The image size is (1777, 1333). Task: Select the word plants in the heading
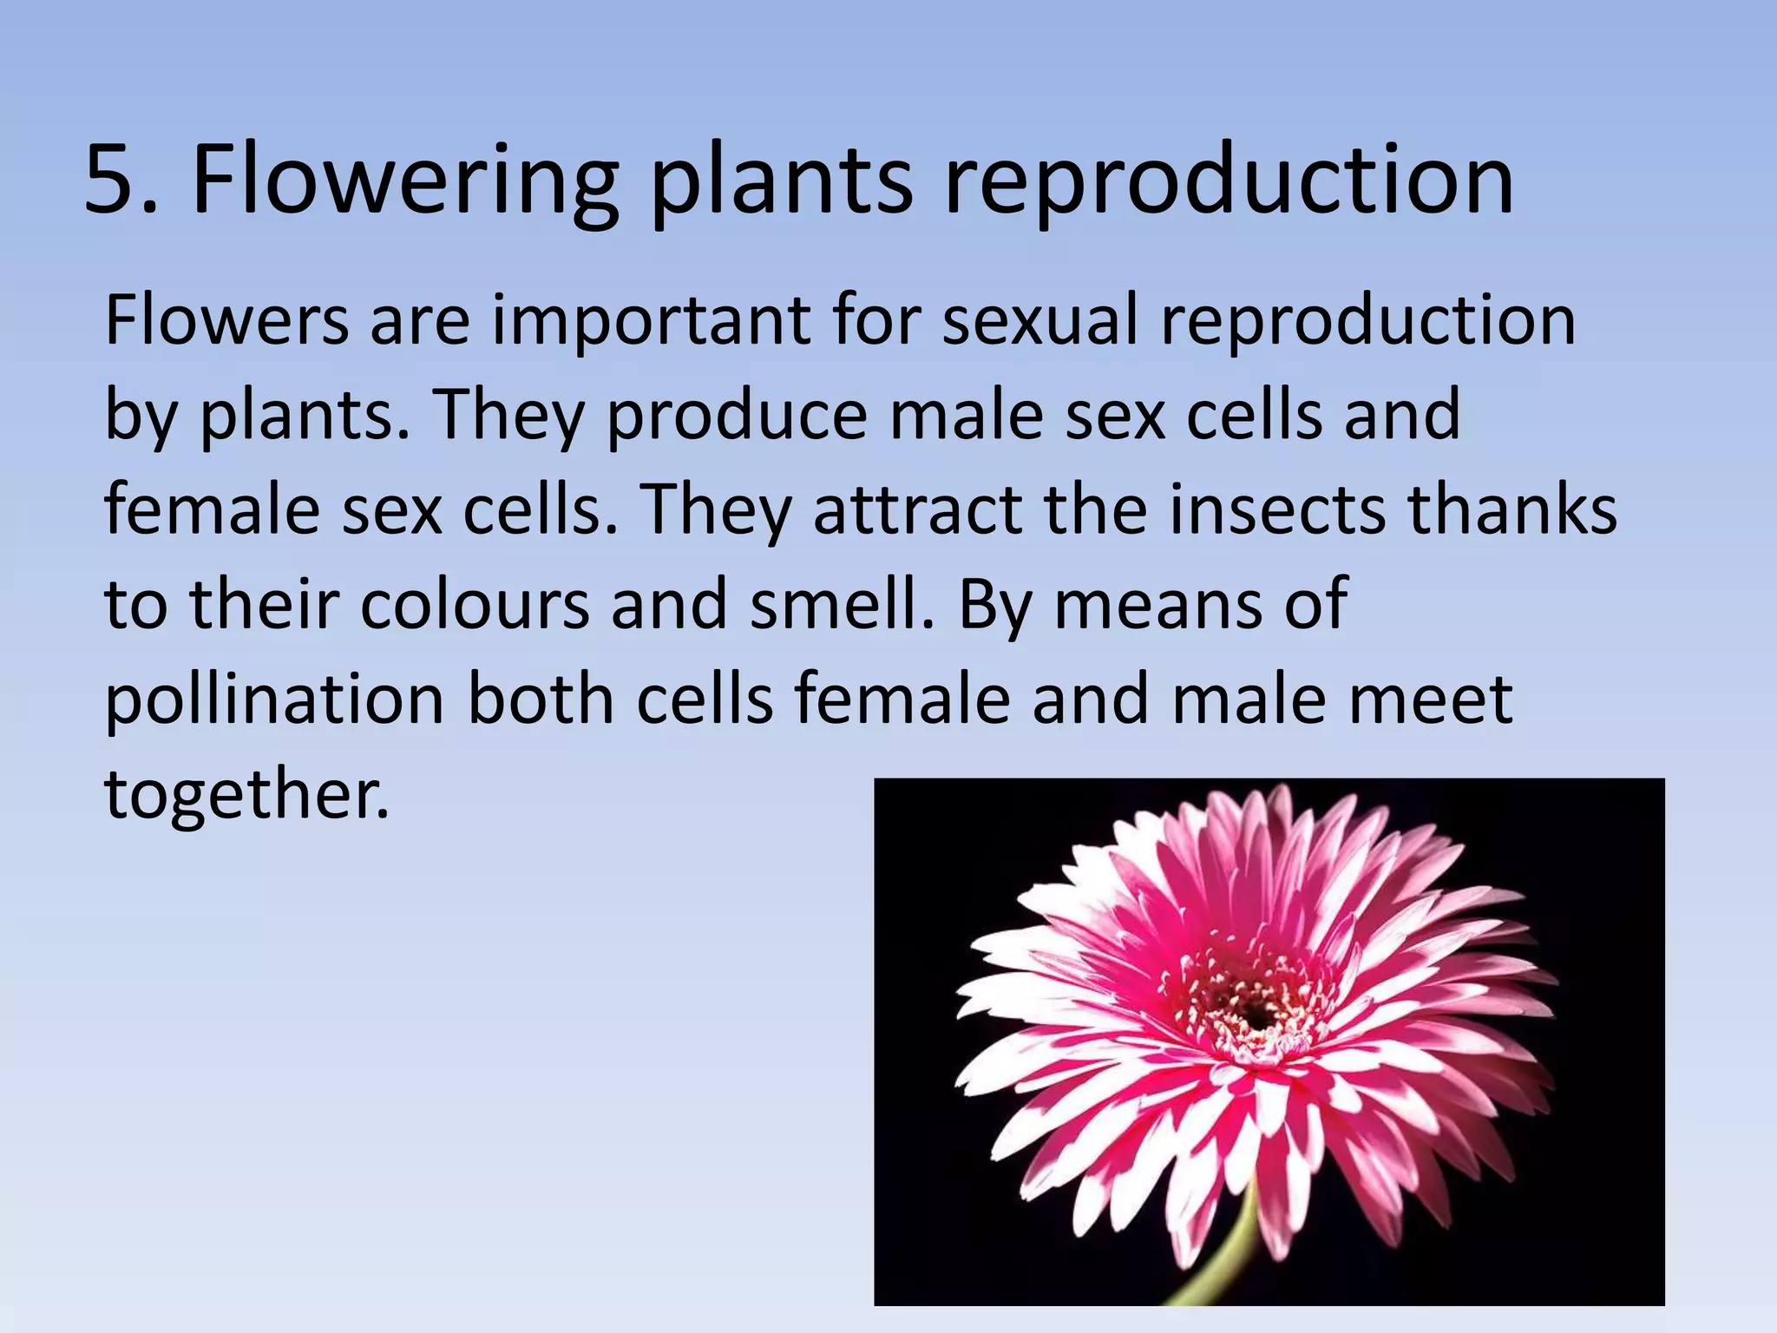781,182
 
